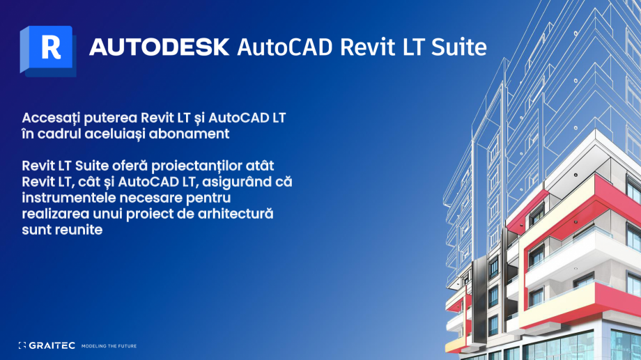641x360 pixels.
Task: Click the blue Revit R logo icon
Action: click(x=47, y=49)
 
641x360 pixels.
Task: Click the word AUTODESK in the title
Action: click(x=159, y=47)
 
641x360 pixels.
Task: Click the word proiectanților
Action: click(x=205, y=166)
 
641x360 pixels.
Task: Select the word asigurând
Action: click(x=229, y=182)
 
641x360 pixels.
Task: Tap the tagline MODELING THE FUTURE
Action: click(x=109, y=345)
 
